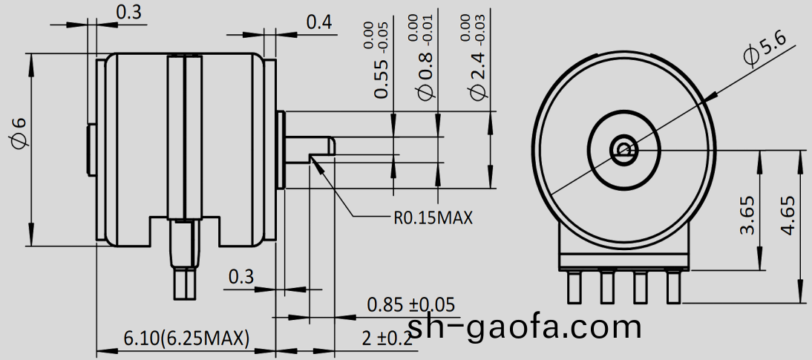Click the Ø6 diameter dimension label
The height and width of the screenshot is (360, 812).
click(18, 134)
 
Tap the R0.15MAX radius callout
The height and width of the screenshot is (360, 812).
click(433, 218)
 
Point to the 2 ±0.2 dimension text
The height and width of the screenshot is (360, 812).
click(387, 339)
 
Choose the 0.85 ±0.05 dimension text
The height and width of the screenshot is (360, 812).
click(411, 304)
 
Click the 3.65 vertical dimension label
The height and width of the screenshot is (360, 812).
click(748, 215)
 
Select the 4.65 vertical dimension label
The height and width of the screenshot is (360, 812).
click(788, 215)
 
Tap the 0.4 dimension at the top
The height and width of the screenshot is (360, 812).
click(319, 22)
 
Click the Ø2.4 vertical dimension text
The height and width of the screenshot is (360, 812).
click(477, 74)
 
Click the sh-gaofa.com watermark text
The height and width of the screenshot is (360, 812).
click(525, 326)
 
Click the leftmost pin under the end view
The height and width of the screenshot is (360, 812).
click(574, 288)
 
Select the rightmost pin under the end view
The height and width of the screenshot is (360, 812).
click(673, 288)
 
